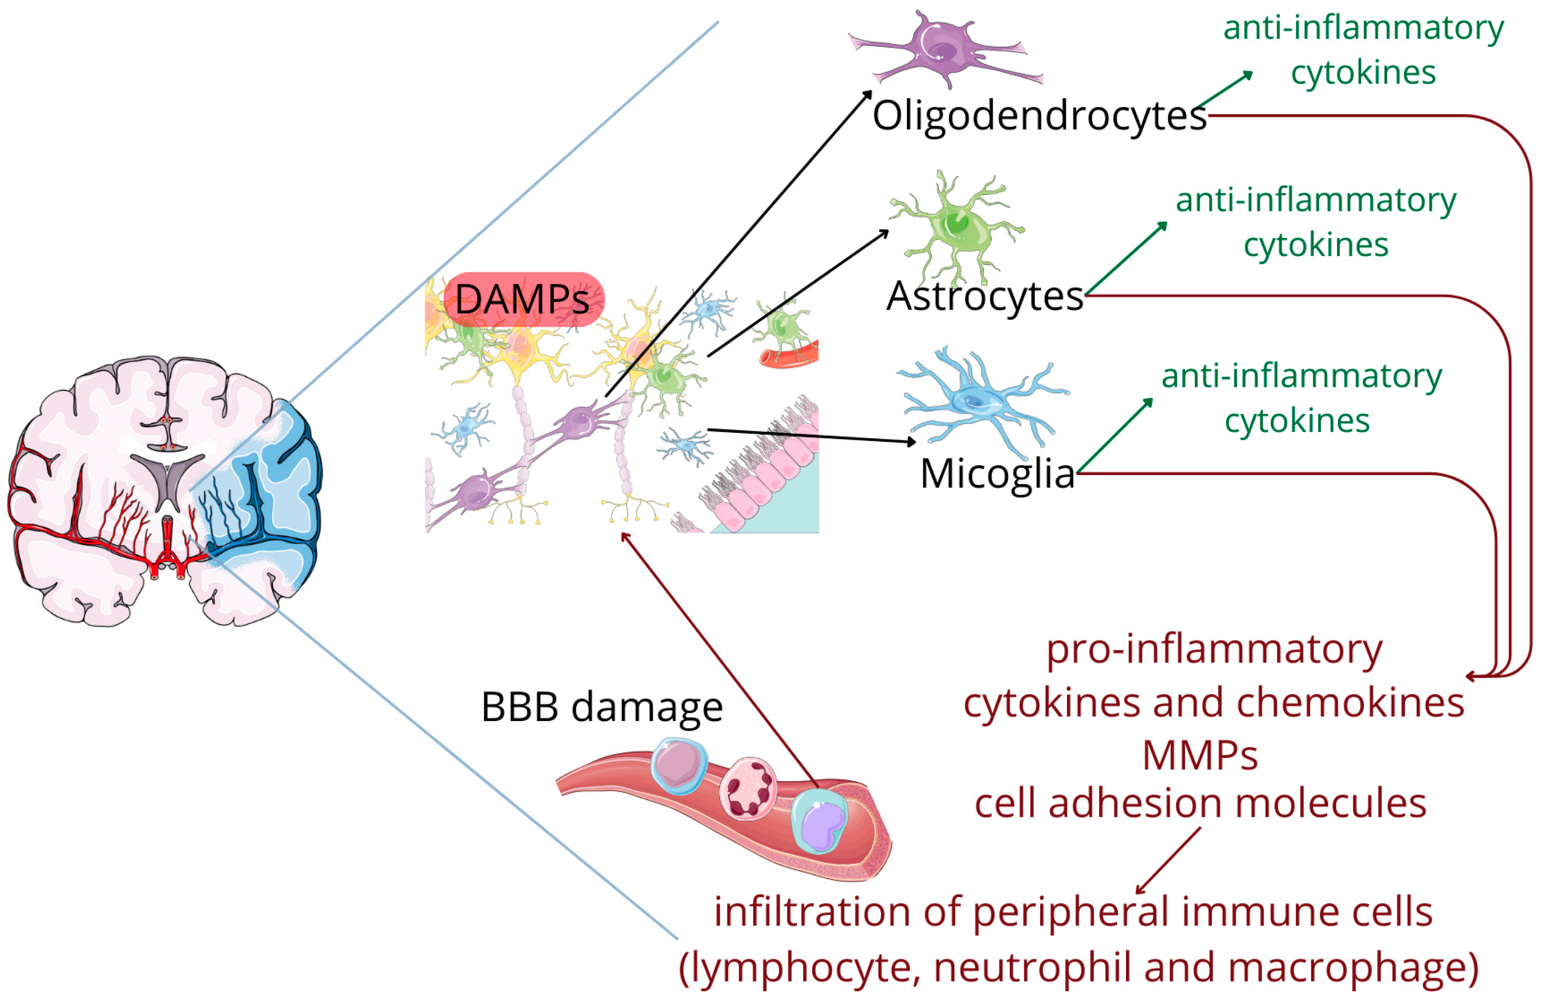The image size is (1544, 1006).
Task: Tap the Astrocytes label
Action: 984,297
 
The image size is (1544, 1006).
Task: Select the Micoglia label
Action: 997,474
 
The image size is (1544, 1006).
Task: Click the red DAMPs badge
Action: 523,300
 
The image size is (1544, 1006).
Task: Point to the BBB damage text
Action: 601,707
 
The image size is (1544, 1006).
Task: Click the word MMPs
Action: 1200,756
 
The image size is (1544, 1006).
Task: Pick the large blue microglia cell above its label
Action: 977,399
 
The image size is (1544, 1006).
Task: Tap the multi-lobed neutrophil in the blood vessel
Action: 748,788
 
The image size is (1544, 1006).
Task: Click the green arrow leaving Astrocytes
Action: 1125,258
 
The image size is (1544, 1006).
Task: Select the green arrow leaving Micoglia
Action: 1113,435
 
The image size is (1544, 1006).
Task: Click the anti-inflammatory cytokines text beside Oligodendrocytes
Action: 1363,50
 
